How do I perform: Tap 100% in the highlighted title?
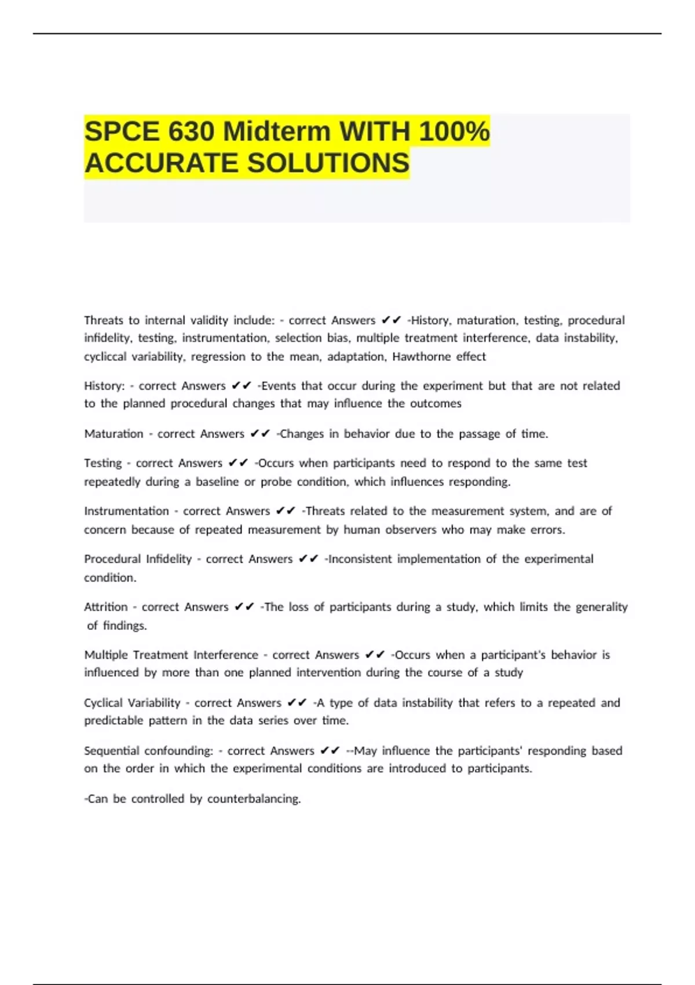click(454, 132)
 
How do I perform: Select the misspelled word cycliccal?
click(105, 356)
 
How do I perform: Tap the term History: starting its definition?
click(104, 386)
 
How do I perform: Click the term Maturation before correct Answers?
click(114, 434)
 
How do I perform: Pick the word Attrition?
click(106, 607)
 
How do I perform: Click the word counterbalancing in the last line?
click(254, 799)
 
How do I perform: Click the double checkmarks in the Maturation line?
click(260, 434)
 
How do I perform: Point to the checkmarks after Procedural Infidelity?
click(309, 559)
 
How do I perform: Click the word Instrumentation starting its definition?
click(126, 511)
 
